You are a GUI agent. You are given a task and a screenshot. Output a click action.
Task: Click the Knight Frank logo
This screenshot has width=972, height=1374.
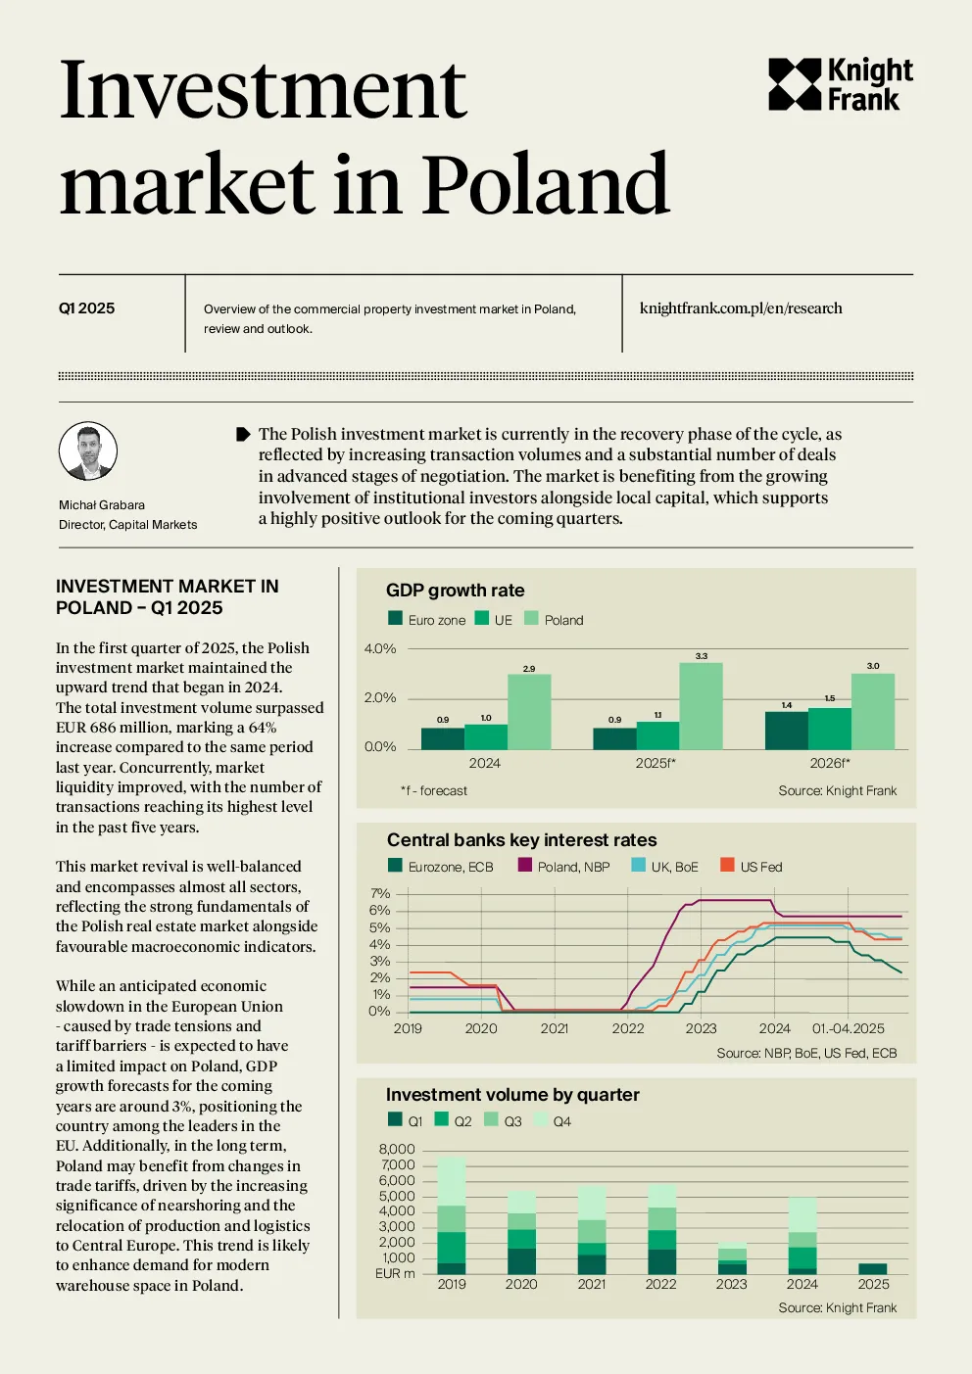pos(840,84)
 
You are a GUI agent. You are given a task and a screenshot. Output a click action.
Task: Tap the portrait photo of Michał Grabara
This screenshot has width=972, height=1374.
pos(88,450)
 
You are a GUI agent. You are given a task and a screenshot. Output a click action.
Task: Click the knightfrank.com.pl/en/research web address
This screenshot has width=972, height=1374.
pos(741,308)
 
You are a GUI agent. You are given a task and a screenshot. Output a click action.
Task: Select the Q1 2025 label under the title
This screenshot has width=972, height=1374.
pos(86,308)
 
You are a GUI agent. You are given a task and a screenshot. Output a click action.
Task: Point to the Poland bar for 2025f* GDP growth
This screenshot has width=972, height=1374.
pos(701,706)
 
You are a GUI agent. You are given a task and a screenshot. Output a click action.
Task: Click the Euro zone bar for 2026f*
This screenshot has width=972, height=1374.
pos(786,731)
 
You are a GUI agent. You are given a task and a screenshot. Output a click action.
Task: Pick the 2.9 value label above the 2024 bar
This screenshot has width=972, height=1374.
pos(529,669)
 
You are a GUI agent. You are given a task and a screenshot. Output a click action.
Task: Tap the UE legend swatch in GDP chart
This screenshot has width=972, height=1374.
pos(482,618)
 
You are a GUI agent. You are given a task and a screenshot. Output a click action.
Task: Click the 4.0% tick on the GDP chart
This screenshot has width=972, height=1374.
pos(380,648)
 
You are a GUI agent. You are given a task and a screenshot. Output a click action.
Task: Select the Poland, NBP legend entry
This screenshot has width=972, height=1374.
pos(564,866)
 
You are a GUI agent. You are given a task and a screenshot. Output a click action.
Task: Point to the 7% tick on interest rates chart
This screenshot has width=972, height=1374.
pos(380,893)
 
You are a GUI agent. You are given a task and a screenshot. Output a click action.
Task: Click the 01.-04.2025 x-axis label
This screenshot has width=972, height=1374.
pos(848,1028)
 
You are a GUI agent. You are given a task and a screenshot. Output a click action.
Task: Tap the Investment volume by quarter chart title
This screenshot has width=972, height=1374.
pos(512,1094)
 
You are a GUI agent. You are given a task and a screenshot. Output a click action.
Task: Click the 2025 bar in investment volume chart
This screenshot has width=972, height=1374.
pos(873,1268)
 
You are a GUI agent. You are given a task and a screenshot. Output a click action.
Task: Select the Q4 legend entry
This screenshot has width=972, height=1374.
pos(553,1120)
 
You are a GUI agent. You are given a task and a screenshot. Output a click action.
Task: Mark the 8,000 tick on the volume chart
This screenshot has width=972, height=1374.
pos(397,1149)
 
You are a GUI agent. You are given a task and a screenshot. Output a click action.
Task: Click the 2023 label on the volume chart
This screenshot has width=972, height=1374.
pos(732,1284)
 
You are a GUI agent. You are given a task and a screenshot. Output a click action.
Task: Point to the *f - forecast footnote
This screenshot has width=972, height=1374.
pos(434,790)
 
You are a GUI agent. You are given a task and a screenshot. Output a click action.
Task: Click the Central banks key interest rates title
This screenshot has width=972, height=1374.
pos(521,839)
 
